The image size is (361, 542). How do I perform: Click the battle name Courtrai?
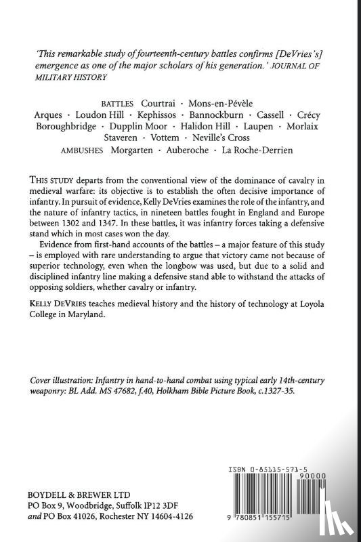(x=162, y=104)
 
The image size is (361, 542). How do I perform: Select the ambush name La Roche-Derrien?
(x=257, y=150)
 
